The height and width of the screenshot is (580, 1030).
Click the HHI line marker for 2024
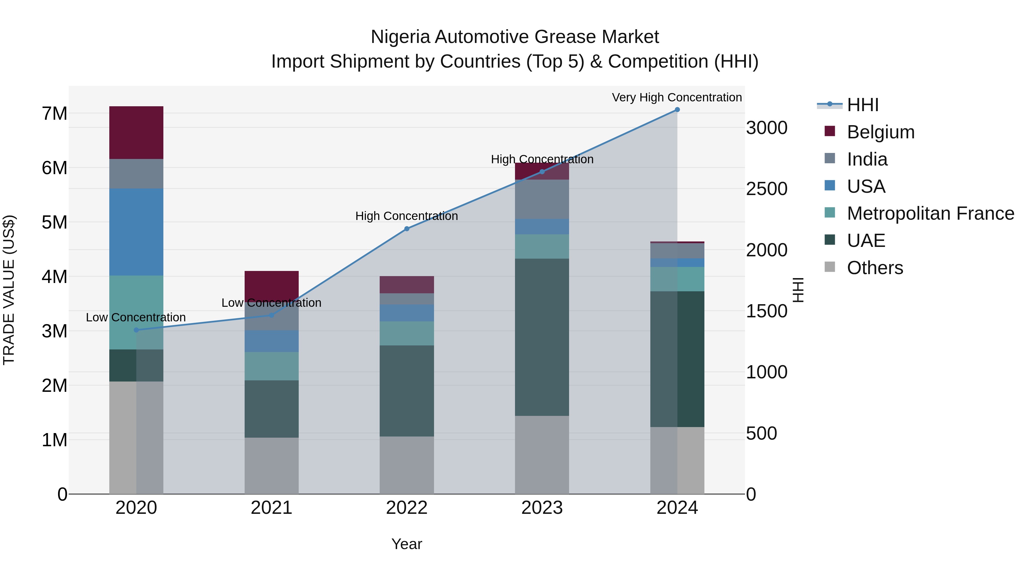[x=677, y=110]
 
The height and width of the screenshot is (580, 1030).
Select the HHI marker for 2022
[x=407, y=229]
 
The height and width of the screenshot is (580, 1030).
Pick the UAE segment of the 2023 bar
[x=542, y=337]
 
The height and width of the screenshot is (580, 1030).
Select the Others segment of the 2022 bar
[x=407, y=465]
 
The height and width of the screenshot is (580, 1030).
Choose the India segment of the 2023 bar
[x=542, y=199]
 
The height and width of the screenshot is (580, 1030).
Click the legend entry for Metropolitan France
[x=930, y=213]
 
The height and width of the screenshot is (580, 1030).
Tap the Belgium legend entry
[x=880, y=132]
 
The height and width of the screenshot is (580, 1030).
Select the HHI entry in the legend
[x=862, y=105]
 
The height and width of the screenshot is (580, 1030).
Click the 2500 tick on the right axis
[x=766, y=189]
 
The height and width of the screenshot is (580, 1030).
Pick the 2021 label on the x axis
[x=272, y=508]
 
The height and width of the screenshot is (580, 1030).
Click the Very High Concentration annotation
[x=677, y=97]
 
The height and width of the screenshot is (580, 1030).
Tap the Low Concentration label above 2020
[x=136, y=317]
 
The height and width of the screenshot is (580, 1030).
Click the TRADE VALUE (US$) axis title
[x=9, y=290]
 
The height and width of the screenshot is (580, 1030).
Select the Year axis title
[x=407, y=544]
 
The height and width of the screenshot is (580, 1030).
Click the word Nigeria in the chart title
[x=400, y=37]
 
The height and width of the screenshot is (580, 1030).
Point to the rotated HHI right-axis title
[x=798, y=290]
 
